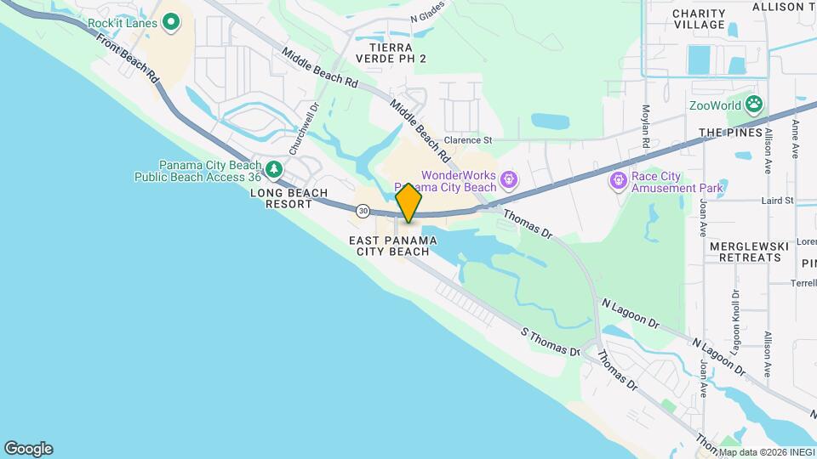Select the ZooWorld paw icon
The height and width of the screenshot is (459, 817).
tap(753, 105)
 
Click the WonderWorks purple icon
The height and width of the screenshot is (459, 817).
tap(508, 179)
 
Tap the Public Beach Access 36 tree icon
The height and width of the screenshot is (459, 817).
tap(273, 170)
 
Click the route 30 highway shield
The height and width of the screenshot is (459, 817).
tap(363, 210)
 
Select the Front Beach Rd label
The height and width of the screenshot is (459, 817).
tap(129, 59)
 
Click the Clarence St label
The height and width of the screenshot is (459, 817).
tap(469, 139)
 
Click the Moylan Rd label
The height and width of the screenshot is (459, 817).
tap(646, 127)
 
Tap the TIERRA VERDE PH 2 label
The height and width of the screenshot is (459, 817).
tap(391, 53)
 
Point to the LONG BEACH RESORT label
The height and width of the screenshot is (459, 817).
tap(289, 198)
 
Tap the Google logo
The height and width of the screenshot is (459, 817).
tap(28, 448)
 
